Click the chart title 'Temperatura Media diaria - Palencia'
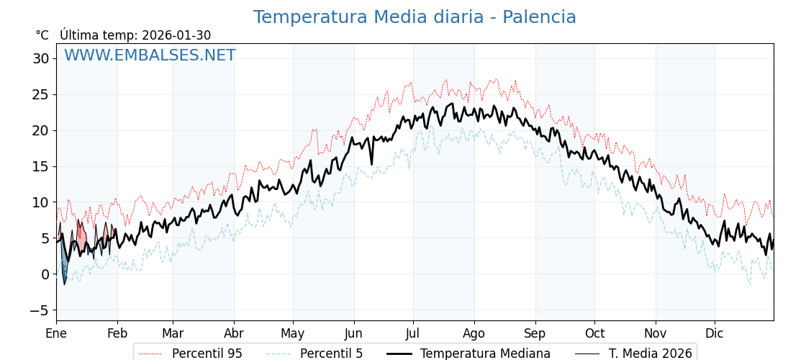pos(415,17)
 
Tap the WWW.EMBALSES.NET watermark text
pos(150,55)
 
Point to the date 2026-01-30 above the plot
pos(176,35)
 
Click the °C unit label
pos(42,35)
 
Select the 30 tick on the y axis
pos(40,58)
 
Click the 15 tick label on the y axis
pos(40,166)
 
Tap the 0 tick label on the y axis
pos(45,274)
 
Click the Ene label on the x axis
pos(56,333)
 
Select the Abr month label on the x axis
pos(234,333)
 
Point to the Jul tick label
pos(413,333)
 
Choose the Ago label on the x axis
pos(474,333)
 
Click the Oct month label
pos(594,333)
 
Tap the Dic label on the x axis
pos(715,333)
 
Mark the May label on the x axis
pos(293,333)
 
